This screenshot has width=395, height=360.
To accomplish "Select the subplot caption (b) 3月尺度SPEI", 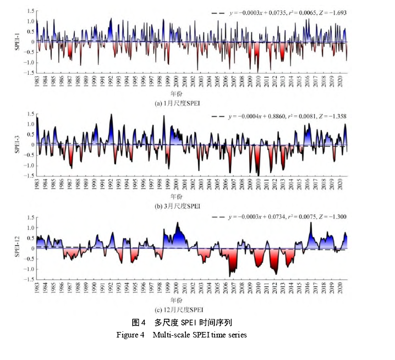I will (192, 206).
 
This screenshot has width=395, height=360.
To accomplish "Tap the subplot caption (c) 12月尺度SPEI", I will (191, 309).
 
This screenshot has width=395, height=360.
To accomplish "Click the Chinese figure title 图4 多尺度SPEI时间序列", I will (185, 323).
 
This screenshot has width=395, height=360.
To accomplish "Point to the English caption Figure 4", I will (182, 335).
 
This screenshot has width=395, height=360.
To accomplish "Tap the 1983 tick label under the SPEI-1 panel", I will (37, 82).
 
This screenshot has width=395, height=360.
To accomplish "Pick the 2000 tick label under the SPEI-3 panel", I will (176, 185).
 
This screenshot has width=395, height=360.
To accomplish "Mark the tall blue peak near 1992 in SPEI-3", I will (111, 115).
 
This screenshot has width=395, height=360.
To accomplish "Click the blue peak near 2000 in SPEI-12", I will (177, 224).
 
